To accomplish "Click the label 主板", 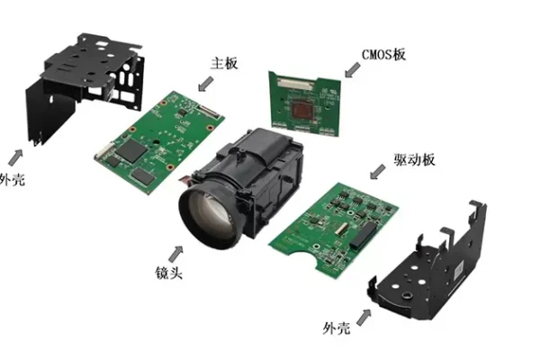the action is click(224, 64).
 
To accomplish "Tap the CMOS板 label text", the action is click(383, 55).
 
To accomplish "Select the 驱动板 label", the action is click(414, 160).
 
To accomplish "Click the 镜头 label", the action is click(168, 273).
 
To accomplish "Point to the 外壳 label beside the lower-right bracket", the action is click(337, 328).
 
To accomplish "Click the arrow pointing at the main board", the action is click(205, 84).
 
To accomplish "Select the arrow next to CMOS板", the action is click(352, 70).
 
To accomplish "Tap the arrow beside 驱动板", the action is click(377, 172).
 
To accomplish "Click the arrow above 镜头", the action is click(176, 254).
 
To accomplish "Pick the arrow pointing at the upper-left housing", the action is click(15, 157).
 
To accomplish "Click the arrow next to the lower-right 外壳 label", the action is click(364, 318).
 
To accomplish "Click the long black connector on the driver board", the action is click(364, 235).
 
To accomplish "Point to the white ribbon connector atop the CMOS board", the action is click(296, 82).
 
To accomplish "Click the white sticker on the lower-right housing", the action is click(457, 271).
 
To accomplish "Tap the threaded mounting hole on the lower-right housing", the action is click(408, 295).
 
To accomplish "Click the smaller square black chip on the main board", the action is click(141, 175).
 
